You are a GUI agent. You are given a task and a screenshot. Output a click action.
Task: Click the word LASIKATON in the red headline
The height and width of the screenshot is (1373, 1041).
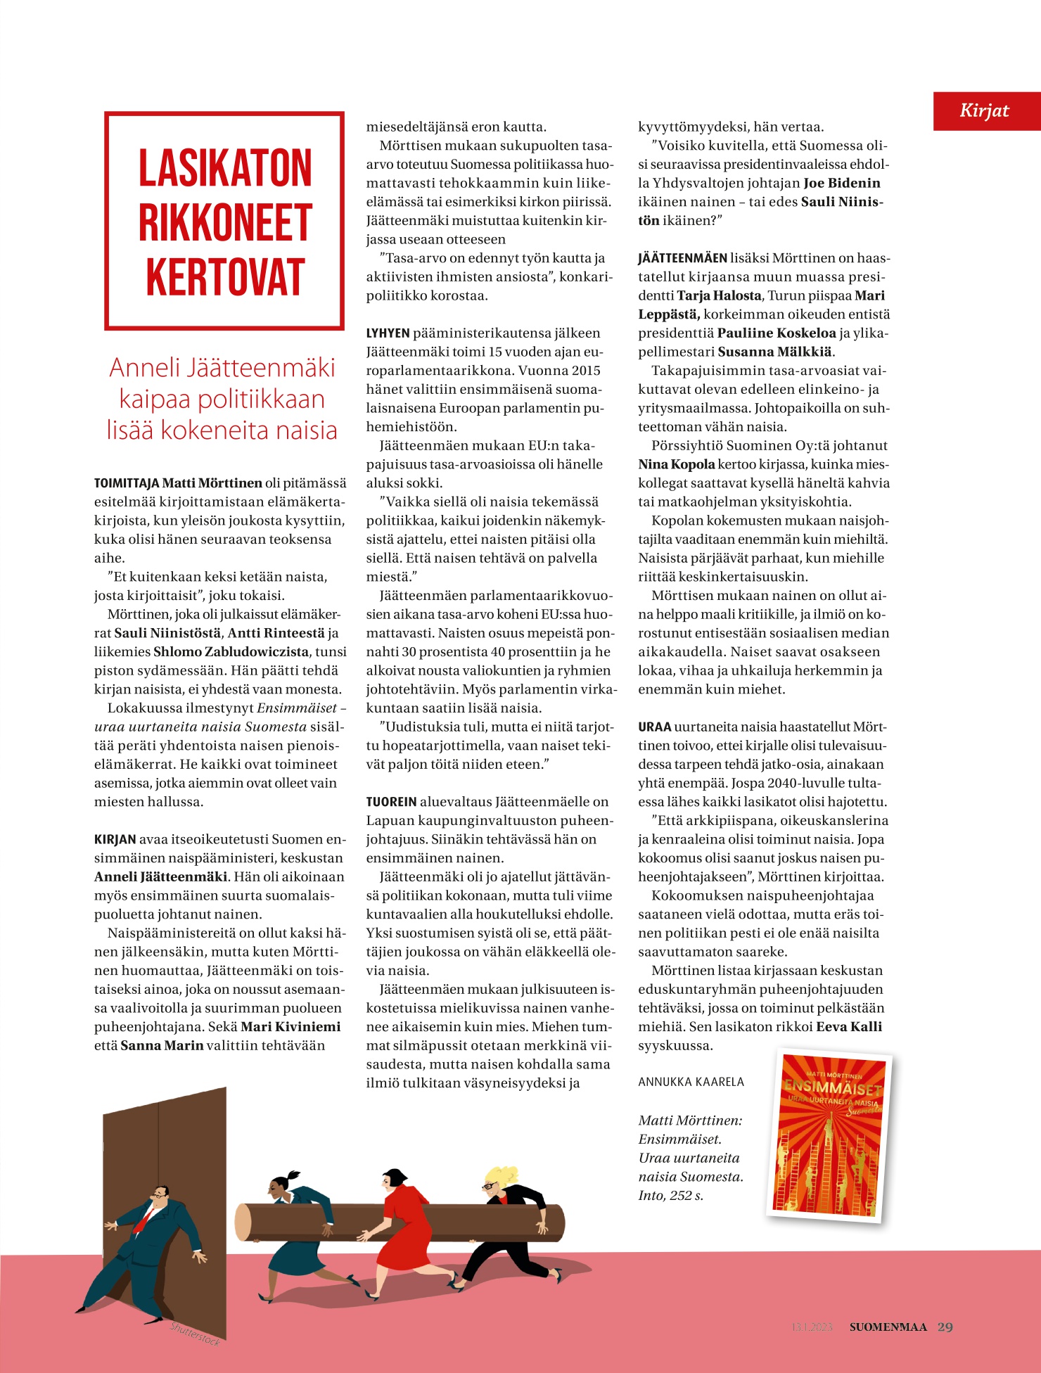coord(224,169)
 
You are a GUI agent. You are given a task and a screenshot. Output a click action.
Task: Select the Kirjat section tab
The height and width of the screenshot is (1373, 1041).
coord(985,110)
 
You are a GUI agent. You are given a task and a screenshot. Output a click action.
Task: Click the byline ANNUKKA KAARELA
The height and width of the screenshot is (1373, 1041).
coord(691,1082)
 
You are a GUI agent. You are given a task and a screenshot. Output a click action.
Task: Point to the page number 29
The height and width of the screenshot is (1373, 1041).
coord(945,1327)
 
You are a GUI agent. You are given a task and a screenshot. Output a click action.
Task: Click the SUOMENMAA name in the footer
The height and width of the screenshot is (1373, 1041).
coord(888,1327)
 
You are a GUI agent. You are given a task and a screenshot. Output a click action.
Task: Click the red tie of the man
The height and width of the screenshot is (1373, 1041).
coord(143,1220)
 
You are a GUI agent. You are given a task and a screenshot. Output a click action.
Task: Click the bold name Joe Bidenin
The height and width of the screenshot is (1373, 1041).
coord(841,183)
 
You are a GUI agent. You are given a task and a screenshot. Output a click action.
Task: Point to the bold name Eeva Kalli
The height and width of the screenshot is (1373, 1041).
coord(848,1026)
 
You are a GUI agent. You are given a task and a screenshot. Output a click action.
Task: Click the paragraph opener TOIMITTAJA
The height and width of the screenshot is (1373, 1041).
coord(127,483)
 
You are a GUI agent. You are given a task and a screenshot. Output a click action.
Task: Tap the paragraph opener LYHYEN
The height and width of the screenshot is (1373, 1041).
coord(388,333)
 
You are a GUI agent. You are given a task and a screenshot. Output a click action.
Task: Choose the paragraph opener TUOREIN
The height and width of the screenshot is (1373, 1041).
coord(391,802)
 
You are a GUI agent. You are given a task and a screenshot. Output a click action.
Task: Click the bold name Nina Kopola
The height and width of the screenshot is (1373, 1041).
coord(676,464)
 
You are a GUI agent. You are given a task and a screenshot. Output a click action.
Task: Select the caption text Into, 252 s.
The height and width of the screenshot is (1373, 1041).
coord(670,1195)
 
